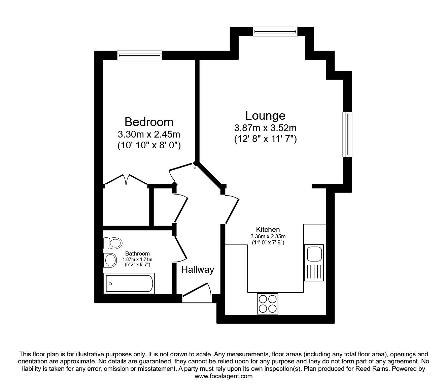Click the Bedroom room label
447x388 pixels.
tap(149, 122)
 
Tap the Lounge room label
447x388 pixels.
tap(265, 116)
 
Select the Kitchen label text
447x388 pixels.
tap(268, 230)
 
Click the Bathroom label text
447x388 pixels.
tap(138, 253)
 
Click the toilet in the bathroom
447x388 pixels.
tap(113, 243)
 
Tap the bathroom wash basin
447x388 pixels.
tap(110, 260)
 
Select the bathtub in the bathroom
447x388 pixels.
tap(129, 283)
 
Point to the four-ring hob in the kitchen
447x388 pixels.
tap(268, 304)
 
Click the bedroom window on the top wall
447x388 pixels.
tap(140, 56)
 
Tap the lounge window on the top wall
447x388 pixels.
tap(275, 32)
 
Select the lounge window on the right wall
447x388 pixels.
tap(347, 134)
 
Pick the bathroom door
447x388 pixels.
tap(180, 249)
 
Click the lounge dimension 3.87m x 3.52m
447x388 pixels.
tap(265, 128)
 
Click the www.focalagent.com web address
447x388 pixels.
tap(224, 376)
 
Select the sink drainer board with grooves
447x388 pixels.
tap(314, 272)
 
